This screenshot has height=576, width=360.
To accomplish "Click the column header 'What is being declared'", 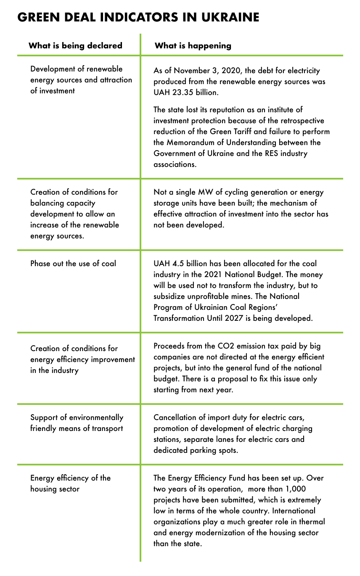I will (75, 46).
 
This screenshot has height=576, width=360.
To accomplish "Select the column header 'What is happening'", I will (193, 46).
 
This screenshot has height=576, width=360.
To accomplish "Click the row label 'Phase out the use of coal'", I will (73, 264).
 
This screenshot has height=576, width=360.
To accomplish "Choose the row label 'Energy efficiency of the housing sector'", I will (70, 484).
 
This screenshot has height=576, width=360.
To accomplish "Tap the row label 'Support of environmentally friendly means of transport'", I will (77, 423).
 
